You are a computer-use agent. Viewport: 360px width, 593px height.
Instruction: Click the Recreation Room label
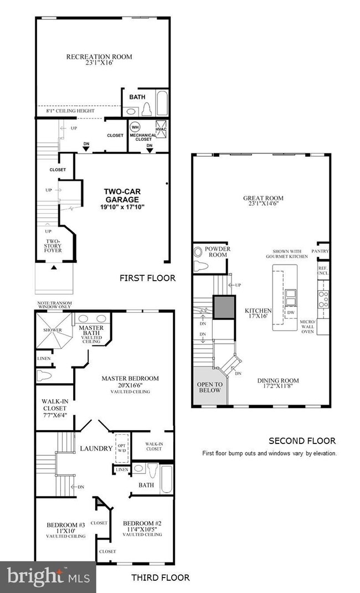pyautogui.click(x=100, y=56)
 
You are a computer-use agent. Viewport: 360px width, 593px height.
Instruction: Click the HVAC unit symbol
pyautogui.click(x=161, y=126)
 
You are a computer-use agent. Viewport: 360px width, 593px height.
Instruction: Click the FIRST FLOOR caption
pyautogui.click(x=147, y=278)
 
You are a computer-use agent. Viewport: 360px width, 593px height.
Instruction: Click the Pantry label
pyautogui.click(x=321, y=251)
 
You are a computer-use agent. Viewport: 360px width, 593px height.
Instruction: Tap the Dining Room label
pyautogui.click(x=278, y=380)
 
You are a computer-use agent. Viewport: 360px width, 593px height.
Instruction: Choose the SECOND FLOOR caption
pyautogui.click(x=302, y=441)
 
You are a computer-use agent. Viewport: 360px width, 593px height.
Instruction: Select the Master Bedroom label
pyautogui.click(x=130, y=379)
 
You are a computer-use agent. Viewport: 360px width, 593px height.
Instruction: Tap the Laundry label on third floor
pyautogui.click(x=95, y=448)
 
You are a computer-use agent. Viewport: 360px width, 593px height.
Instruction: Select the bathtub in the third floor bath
pyautogui.click(x=166, y=479)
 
